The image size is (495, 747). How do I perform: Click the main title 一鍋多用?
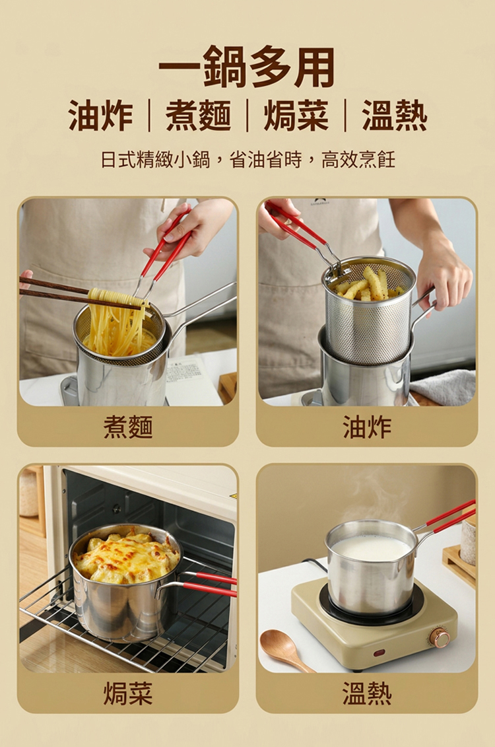[247, 67]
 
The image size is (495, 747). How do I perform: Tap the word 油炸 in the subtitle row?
[100, 116]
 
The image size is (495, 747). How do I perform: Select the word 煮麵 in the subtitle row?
[199, 116]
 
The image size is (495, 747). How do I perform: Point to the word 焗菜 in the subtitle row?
[296, 116]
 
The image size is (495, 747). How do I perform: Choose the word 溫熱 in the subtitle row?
[395, 116]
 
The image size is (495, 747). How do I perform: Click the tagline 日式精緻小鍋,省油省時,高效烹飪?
[247, 160]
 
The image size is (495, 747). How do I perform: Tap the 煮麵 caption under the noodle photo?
[128, 427]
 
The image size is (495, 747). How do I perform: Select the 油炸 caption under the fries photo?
[367, 427]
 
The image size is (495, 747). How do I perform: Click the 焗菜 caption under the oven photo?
[128, 693]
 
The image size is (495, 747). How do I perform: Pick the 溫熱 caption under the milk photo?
[367, 693]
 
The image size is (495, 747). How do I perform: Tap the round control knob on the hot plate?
[439, 637]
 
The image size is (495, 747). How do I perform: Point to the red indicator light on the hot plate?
[379, 652]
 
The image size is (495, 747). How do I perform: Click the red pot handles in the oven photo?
[209, 584]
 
